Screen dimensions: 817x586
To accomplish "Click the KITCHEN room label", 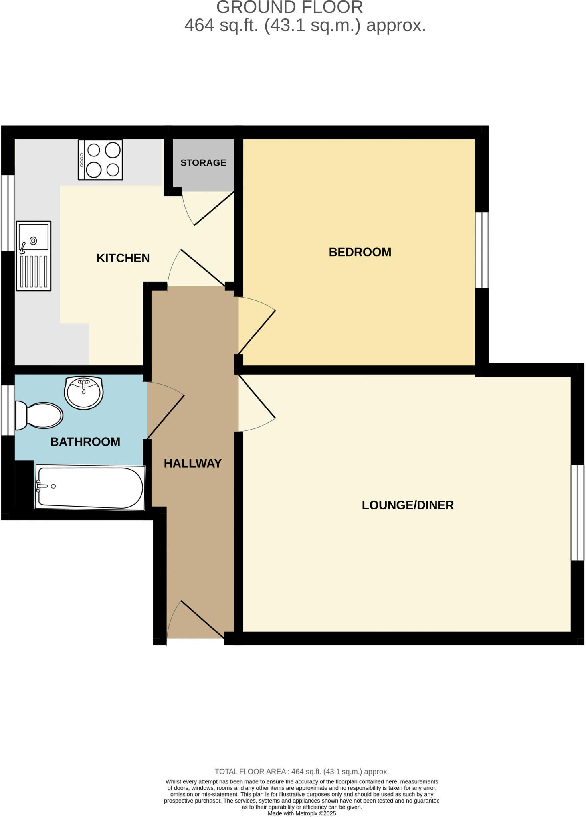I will point(123,258).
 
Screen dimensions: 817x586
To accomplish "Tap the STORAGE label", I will point(203,163).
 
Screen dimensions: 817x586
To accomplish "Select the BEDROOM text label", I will point(360,252).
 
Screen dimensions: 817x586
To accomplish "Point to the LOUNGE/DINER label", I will point(408,505).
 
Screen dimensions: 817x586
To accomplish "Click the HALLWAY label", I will point(192,463).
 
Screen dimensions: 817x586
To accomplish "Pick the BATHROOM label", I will point(85,442).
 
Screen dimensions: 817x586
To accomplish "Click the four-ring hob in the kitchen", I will point(100,160).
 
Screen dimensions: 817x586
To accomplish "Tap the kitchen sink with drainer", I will point(34,256).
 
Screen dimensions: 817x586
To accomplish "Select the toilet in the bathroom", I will point(39,415).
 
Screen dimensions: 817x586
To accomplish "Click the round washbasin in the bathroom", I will point(84,393).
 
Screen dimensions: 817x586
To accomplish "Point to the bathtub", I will point(89,487).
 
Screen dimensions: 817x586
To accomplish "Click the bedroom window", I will point(482,250).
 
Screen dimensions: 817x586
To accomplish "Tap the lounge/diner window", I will point(577,513).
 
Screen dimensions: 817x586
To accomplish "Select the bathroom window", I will point(8,410).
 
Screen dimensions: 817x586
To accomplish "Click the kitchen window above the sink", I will point(8,213).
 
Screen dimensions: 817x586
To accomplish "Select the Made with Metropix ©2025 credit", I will point(301,813).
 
